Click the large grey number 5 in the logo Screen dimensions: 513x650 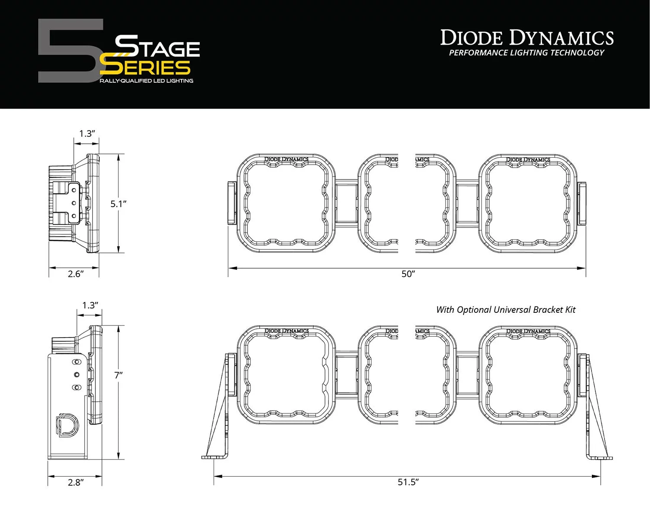pos(69,51)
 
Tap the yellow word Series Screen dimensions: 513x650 pos(145,67)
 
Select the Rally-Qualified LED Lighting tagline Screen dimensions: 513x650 pos(146,81)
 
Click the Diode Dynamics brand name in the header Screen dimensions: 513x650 pos(527,38)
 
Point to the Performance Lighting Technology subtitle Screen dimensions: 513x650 pos(526,53)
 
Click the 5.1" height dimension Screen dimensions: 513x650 pos(118,204)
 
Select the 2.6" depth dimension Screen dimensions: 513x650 pos(75,274)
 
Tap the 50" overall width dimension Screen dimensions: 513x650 pos(408,274)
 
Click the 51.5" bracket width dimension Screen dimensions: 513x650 pos(408,482)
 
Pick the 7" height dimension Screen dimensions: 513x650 pos(118,375)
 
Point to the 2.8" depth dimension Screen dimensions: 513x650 pos(75,482)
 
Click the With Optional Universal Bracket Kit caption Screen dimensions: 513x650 pos(506,310)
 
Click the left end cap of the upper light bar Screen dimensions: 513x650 pos(231,203)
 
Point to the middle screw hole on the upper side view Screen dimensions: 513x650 pos(74,203)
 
